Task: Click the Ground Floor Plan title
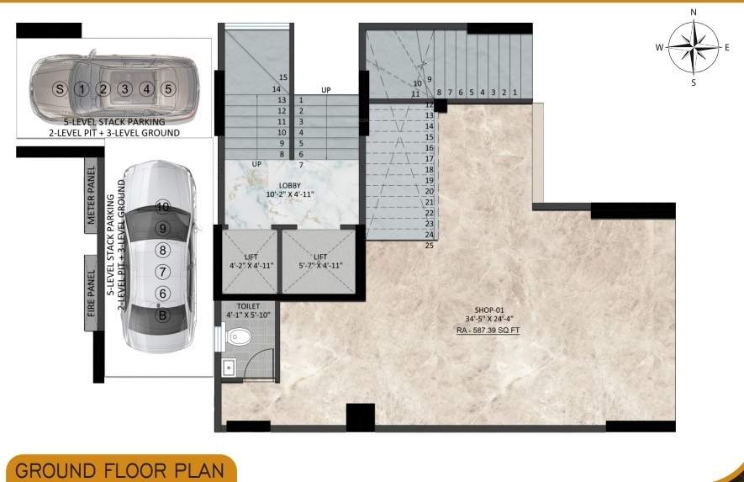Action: [118, 469]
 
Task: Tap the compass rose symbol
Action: [694, 47]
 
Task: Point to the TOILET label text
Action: [250, 306]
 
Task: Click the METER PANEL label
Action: [92, 199]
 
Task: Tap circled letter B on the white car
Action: [162, 316]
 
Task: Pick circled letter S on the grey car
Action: [59, 88]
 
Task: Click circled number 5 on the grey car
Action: [168, 88]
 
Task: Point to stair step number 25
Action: [429, 246]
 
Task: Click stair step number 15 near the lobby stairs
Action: [283, 78]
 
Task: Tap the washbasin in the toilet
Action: [228, 368]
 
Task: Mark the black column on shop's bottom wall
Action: [360, 417]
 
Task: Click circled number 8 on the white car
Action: [162, 250]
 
